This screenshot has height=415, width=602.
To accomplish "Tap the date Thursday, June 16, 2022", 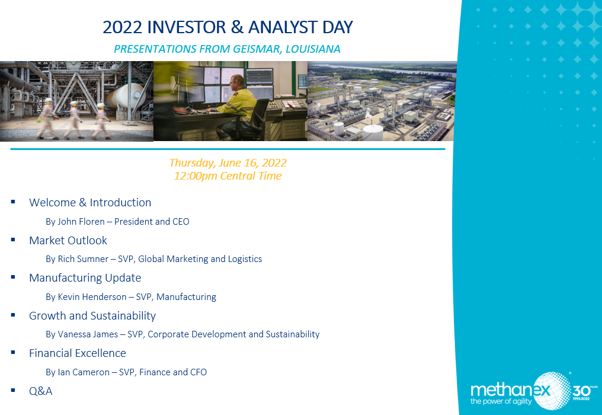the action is pyautogui.click(x=228, y=163).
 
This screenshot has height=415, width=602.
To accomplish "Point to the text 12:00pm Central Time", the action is pyautogui.click(x=228, y=176).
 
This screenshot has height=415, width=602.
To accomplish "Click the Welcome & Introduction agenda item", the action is pyautogui.click(x=90, y=203).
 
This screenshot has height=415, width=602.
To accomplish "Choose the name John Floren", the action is pyautogui.click(x=81, y=222).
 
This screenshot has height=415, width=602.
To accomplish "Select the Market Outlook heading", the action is pyautogui.click(x=68, y=241).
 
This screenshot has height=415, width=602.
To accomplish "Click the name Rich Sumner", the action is pyautogui.click(x=83, y=259).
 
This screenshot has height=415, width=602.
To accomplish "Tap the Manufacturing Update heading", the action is pyautogui.click(x=85, y=278).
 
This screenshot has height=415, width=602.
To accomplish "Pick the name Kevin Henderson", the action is pyautogui.click(x=92, y=297).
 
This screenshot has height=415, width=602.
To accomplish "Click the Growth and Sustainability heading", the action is pyautogui.click(x=92, y=316).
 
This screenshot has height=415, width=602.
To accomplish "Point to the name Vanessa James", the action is pyautogui.click(x=88, y=334).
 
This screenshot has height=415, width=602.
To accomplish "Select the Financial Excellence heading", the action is pyautogui.click(x=78, y=353).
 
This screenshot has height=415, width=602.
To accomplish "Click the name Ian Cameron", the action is pyautogui.click(x=84, y=372).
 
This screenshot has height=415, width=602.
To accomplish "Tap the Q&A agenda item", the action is pyautogui.click(x=41, y=391).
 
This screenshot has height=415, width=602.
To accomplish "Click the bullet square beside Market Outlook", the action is pyautogui.click(x=13, y=240).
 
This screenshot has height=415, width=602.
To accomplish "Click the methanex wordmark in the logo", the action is pyautogui.click(x=510, y=390).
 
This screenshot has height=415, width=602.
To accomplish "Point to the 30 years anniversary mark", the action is pyautogui.click(x=584, y=391).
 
